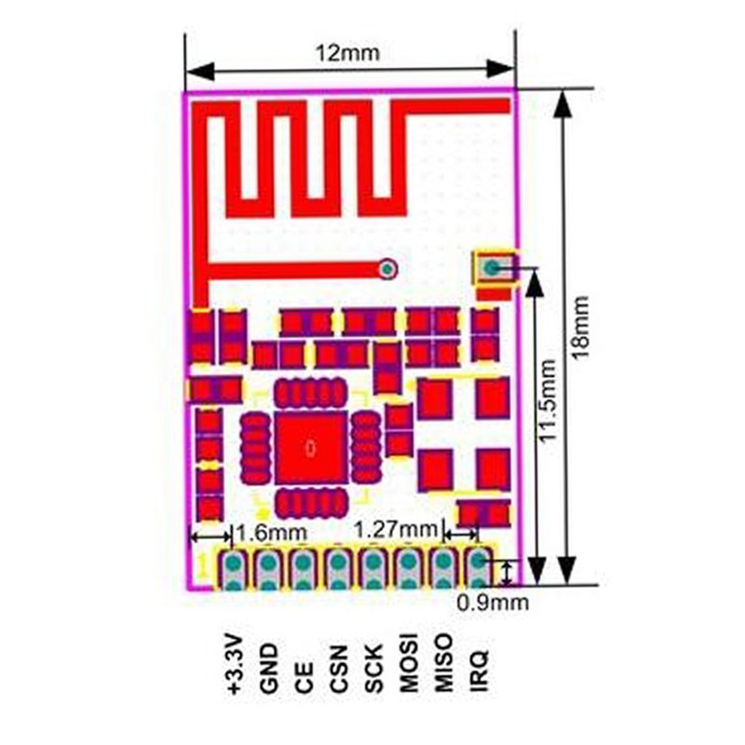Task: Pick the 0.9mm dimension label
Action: pyautogui.click(x=493, y=603)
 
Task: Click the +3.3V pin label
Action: pyautogui.click(x=233, y=664)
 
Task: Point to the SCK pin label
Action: pyautogui.click(x=373, y=668)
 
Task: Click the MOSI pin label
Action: pyautogui.click(x=408, y=664)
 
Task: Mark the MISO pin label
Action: pyautogui.click(x=443, y=664)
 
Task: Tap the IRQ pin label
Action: pyautogui.click(x=479, y=670)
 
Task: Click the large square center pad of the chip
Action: pyautogui.click(x=311, y=448)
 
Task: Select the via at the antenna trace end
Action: pyautogui.click(x=387, y=270)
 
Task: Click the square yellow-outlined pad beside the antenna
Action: pyautogui.click(x=494, y=270)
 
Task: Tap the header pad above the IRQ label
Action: pyautogui.click(x=478, y=568)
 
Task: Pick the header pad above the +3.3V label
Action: pyautogui.click(x=233, y=570)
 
